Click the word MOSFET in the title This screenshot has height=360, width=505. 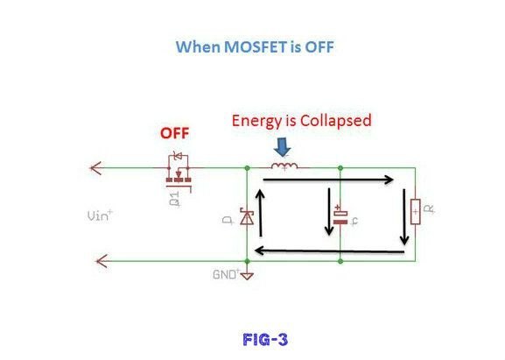[x=255, y=46]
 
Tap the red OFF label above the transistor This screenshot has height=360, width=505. [x=174, y=133]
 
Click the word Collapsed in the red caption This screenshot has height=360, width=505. [x=336, y=121]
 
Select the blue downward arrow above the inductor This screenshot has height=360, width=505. [x=283, y=147]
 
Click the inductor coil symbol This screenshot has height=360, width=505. [x=284, y=166]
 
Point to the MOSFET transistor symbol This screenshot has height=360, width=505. [x=179, y=172]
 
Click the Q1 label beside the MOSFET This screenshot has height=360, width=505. [x=174, y=199]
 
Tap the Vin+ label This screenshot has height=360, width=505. [x=100, y=215]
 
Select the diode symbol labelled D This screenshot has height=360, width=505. [x=247, y=216]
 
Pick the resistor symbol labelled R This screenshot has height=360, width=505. [x=416, y=212]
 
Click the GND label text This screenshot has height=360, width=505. [x=225, y=274]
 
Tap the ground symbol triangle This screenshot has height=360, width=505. [x=247, y=276]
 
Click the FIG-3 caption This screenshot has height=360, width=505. [x=265, y=339]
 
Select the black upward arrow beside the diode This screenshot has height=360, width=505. [x=260, y=213]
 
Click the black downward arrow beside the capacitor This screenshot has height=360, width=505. [x=329, y=211]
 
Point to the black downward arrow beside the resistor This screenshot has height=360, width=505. [x=404, y=217]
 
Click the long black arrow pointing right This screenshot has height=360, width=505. [x=328, y=180]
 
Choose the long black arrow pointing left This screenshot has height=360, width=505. [x=329, y=251]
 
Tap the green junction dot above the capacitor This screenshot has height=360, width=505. [x=340, y=168]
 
